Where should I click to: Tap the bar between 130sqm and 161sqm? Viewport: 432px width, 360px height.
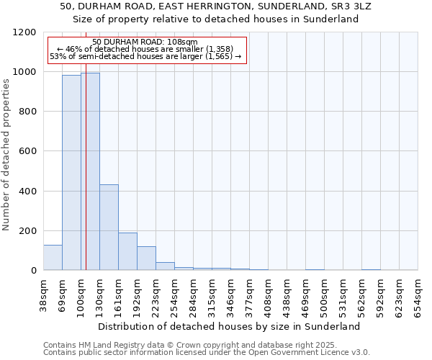(109, 227)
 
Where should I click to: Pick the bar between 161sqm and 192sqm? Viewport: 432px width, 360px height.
(127, 251)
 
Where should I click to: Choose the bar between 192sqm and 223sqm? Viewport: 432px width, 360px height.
(146, 258)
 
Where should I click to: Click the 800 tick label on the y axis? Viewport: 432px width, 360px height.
(28, 112)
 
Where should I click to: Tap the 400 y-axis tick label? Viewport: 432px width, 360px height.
(28, 192)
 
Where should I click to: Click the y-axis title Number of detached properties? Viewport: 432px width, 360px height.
(6, 151)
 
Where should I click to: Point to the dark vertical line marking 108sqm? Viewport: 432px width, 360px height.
(86, 180)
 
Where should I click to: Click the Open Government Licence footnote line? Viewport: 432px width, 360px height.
(207, 353)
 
